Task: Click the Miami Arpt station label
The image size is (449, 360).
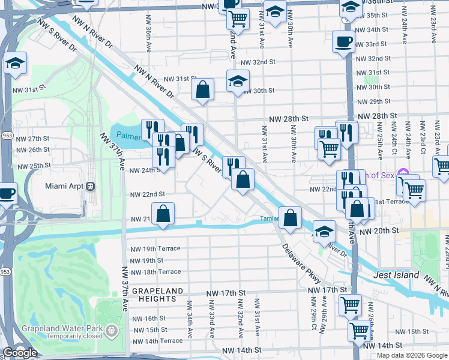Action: (x=65, y=186)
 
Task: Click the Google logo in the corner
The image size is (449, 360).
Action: (x=20, y=353)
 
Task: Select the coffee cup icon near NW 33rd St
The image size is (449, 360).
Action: (x=343, y=41)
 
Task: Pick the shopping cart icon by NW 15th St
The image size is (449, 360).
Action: (x=360, y=329)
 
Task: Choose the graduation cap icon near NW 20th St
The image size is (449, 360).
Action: (x=324, y=230)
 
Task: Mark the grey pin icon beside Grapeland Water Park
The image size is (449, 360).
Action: (x=111, y=330)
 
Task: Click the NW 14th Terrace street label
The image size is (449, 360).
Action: (x=156, y=341)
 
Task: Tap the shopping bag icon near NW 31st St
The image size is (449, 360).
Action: (x=203, y=89)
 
